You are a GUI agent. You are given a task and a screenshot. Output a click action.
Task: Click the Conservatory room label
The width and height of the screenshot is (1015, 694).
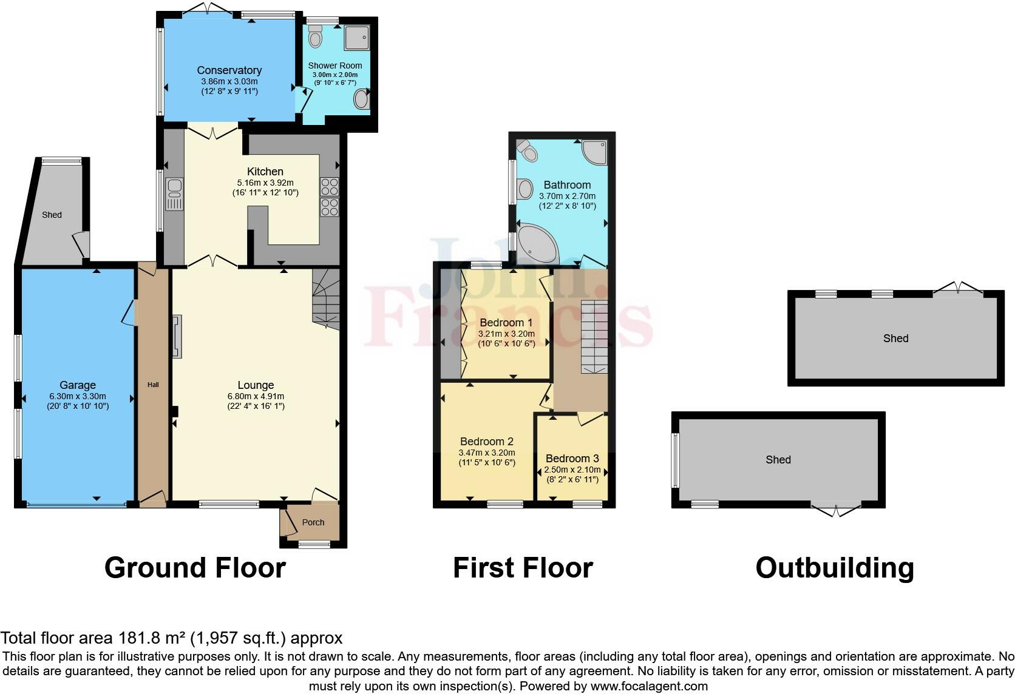pyautogui.click(x=229, y=70)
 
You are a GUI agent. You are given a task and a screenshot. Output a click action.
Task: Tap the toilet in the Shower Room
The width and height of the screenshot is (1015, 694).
pyautogui.click(x=315, y=38)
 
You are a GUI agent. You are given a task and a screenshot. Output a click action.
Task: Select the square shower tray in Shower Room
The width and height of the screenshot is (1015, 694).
pyautogui.click(x=356, y=37)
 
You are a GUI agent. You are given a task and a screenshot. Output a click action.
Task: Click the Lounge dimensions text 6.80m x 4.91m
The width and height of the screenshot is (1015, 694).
pyautogui.click(x=256, y=396)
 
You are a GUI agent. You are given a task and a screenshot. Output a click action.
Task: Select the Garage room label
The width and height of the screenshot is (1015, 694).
pyautogui.click(x=78, y=385)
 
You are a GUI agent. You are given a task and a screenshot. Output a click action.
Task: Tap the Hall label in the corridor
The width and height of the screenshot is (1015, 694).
pyautogui.click(x=153, y=385)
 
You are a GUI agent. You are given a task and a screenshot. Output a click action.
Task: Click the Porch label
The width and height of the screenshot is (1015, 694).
pyautogui.click(x=313, y=522)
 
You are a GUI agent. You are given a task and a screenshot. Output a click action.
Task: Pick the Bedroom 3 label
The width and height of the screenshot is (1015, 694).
pyautogui.click(x=572, y=459)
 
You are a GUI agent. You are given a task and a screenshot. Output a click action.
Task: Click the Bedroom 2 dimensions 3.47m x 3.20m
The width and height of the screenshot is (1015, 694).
pyautogui.click(x=487, y=453)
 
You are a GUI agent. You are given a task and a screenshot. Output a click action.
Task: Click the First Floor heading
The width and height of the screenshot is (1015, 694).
pyautogui.click(x=523, y=568)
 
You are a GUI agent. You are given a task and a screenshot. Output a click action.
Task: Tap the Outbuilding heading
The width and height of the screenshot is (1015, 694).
pyautogui.click(x=835, y=568)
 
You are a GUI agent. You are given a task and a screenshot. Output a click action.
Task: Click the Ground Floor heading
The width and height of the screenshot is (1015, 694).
pyautogui.click(x=195, y=568)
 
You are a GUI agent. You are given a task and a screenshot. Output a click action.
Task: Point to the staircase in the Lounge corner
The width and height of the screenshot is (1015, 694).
pyautogui.click(x=326, y=299)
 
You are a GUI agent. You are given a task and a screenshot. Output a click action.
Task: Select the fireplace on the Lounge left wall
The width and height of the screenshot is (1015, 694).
pyautogui.click(x=177, y=337)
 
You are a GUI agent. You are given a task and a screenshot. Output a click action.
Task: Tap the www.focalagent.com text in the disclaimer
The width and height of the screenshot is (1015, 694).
pyautogui.click(x=649, y=687)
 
